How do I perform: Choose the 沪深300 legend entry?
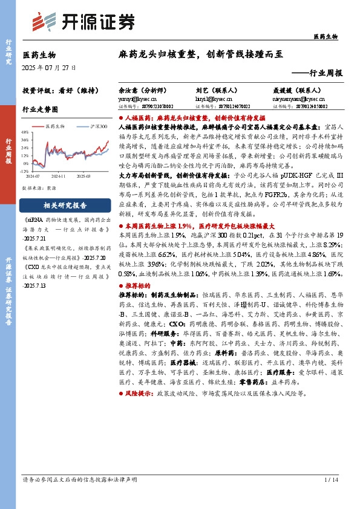click(96, 127)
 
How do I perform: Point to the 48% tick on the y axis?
click(24, 132)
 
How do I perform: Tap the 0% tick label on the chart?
click(25, 163)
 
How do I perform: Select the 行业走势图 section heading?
click(40, 110)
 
